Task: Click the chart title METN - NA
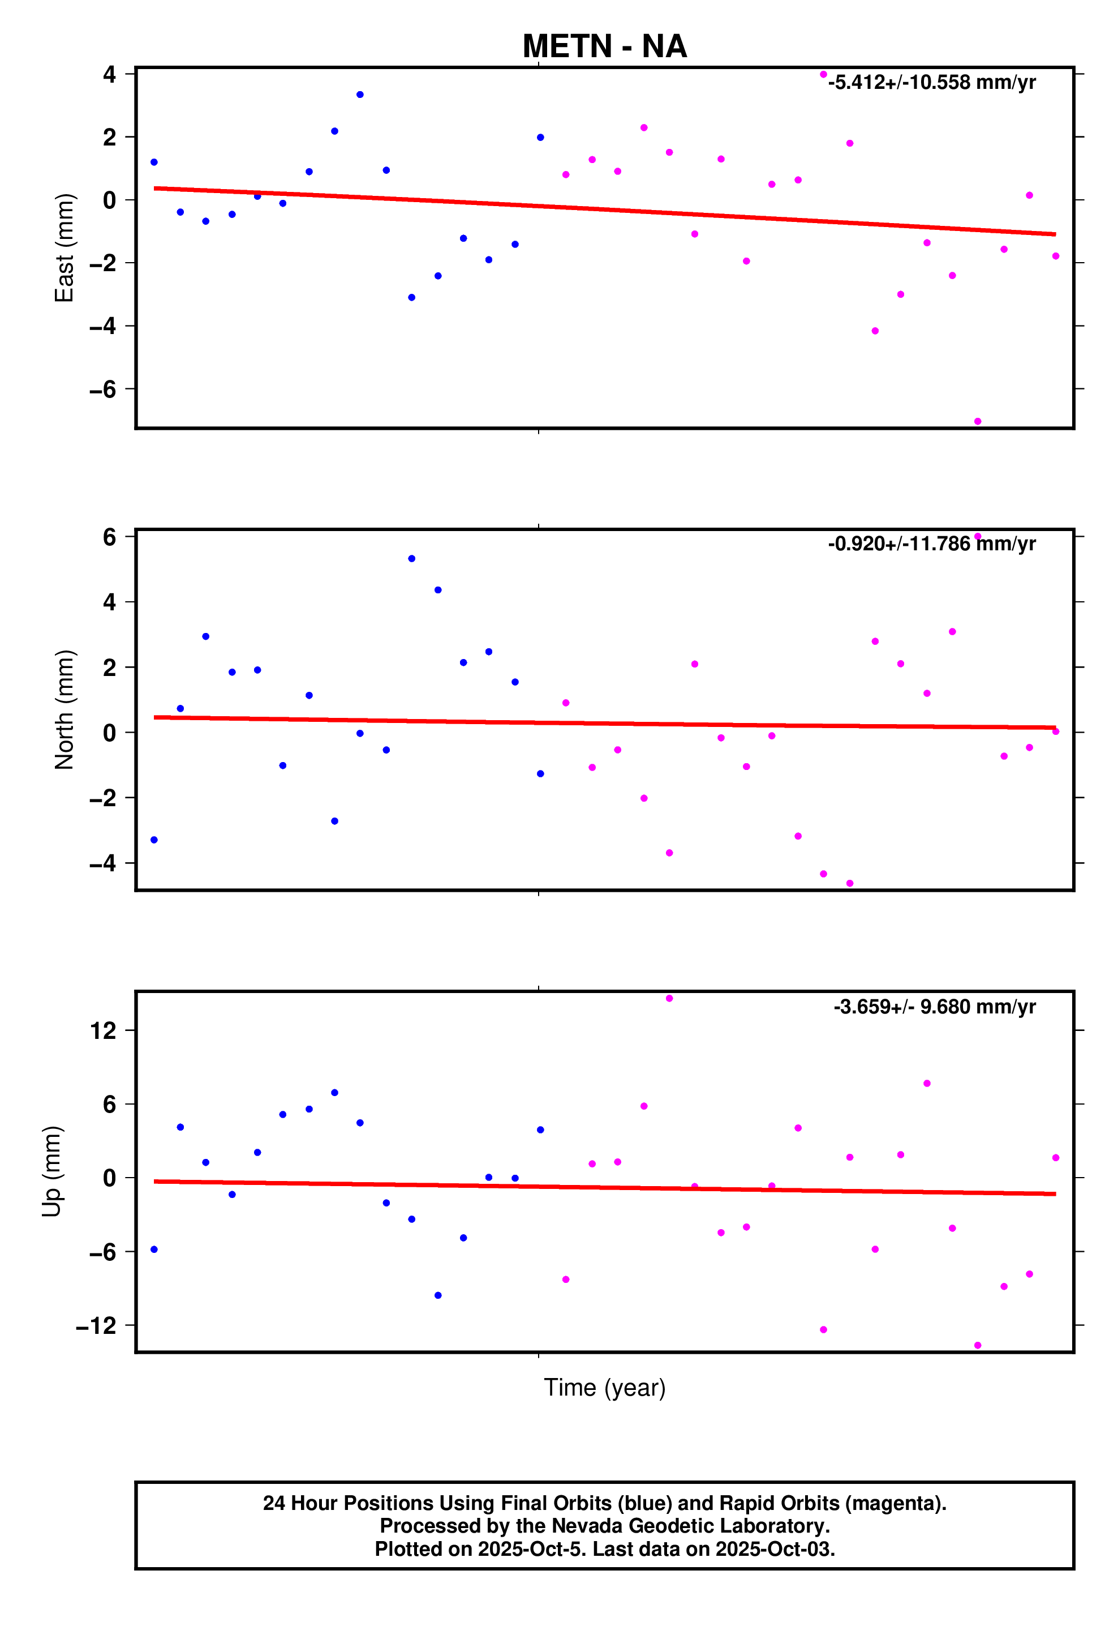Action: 604,46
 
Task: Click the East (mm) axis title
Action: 64,247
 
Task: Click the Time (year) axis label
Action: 604,1387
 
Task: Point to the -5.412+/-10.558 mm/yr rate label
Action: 931,83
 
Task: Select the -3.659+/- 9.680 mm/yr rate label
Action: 934,1007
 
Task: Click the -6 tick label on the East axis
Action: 102,389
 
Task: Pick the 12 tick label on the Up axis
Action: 102,1031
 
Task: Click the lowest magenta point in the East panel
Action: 977,421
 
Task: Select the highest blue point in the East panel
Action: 360,95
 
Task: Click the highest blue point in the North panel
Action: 411,558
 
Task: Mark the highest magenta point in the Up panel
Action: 669,998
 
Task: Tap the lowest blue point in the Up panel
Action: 437,1295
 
